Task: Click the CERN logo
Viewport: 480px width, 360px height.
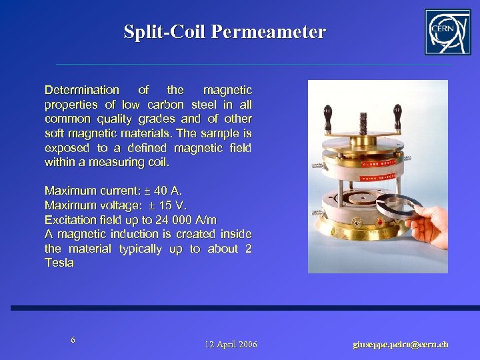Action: [447, 31]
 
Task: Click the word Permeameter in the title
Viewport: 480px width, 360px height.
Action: [269, 32]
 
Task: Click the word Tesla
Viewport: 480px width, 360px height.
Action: [59, 263]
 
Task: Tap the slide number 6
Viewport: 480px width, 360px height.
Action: [73, 340]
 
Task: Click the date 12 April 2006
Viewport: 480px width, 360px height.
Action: [231, 344]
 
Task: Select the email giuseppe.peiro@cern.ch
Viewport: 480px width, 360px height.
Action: [400, 344]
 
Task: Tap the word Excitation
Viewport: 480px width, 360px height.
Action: [69, 219]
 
